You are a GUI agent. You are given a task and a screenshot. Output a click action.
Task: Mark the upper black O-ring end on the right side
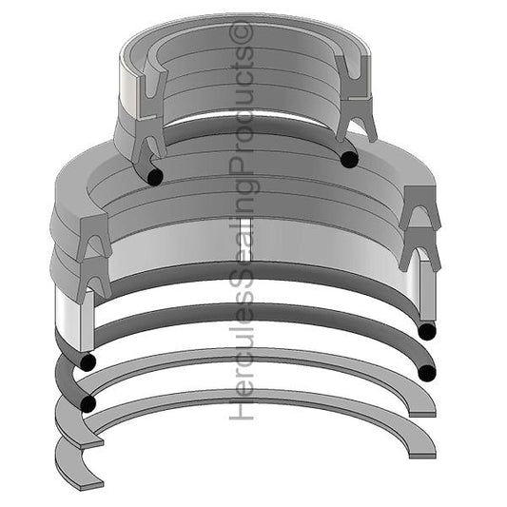(x=426, y=331)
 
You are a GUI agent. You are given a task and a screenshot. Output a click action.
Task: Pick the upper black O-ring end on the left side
(x=88, y=362)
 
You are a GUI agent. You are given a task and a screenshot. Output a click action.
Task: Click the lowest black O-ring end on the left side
(x=88, y=404)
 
